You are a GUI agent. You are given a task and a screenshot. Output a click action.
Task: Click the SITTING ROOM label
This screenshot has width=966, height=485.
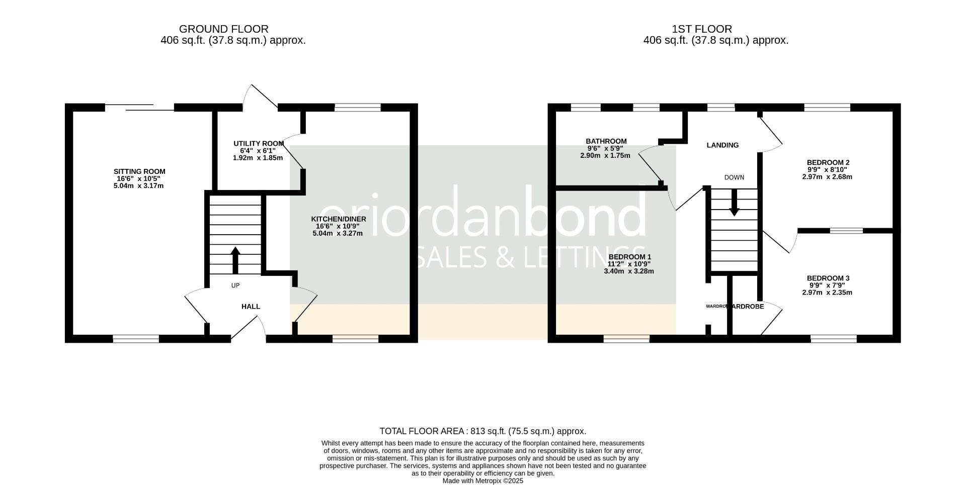(x=139, y=171)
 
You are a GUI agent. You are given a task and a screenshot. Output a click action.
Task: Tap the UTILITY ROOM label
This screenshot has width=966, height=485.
(x=258, y=144)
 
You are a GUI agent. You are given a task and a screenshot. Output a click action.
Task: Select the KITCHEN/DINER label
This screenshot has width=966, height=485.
(x=338, y=219)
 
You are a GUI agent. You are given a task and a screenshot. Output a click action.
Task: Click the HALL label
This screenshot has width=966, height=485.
(x=251, y=307)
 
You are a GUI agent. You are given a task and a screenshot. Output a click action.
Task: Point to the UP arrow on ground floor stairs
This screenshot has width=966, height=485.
(x=235, y=259)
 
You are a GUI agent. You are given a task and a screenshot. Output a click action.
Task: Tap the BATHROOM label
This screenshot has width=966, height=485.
(x=606, y=141)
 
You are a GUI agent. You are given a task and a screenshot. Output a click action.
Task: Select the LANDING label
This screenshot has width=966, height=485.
(x=722, y=145)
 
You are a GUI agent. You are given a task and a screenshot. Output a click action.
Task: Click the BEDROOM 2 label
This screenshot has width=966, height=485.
(x=828, y=162)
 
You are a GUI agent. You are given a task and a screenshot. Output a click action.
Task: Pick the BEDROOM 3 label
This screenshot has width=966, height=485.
(x=828, y=278)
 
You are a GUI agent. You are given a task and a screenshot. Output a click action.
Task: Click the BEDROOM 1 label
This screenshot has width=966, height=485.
(x=629, y=257)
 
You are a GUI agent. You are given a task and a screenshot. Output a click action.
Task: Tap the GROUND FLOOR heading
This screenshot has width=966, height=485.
(x=223, y=29)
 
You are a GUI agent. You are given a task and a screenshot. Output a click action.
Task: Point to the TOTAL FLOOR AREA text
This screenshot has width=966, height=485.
(x=482, y=431)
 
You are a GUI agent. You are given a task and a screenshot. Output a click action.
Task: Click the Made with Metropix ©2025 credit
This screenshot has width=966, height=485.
(x=482, y=481)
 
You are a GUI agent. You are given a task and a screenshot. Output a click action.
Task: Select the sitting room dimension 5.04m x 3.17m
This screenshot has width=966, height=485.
(x=139, y=186)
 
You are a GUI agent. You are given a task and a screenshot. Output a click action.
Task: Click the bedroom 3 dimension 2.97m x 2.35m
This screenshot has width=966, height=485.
(x=827, y=293)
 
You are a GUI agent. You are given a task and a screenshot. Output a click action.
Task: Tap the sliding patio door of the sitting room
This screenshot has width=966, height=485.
(x=139, y=107)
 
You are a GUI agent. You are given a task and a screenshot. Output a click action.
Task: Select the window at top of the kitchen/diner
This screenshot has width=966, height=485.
(x=357, y=107)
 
